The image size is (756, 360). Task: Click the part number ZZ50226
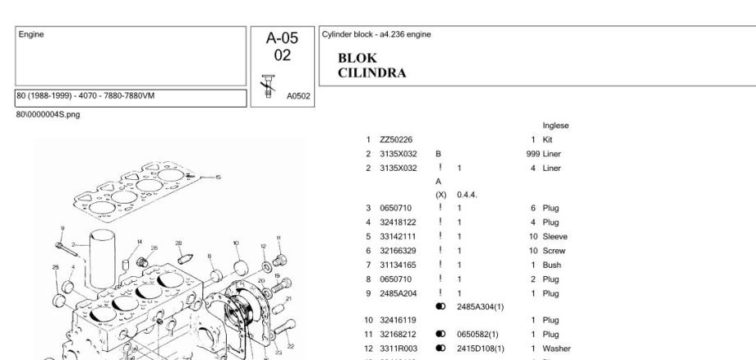pyautogui.click(x=394, y=141)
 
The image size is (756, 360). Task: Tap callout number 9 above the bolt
pyautogui.click(x=62, y=228)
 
